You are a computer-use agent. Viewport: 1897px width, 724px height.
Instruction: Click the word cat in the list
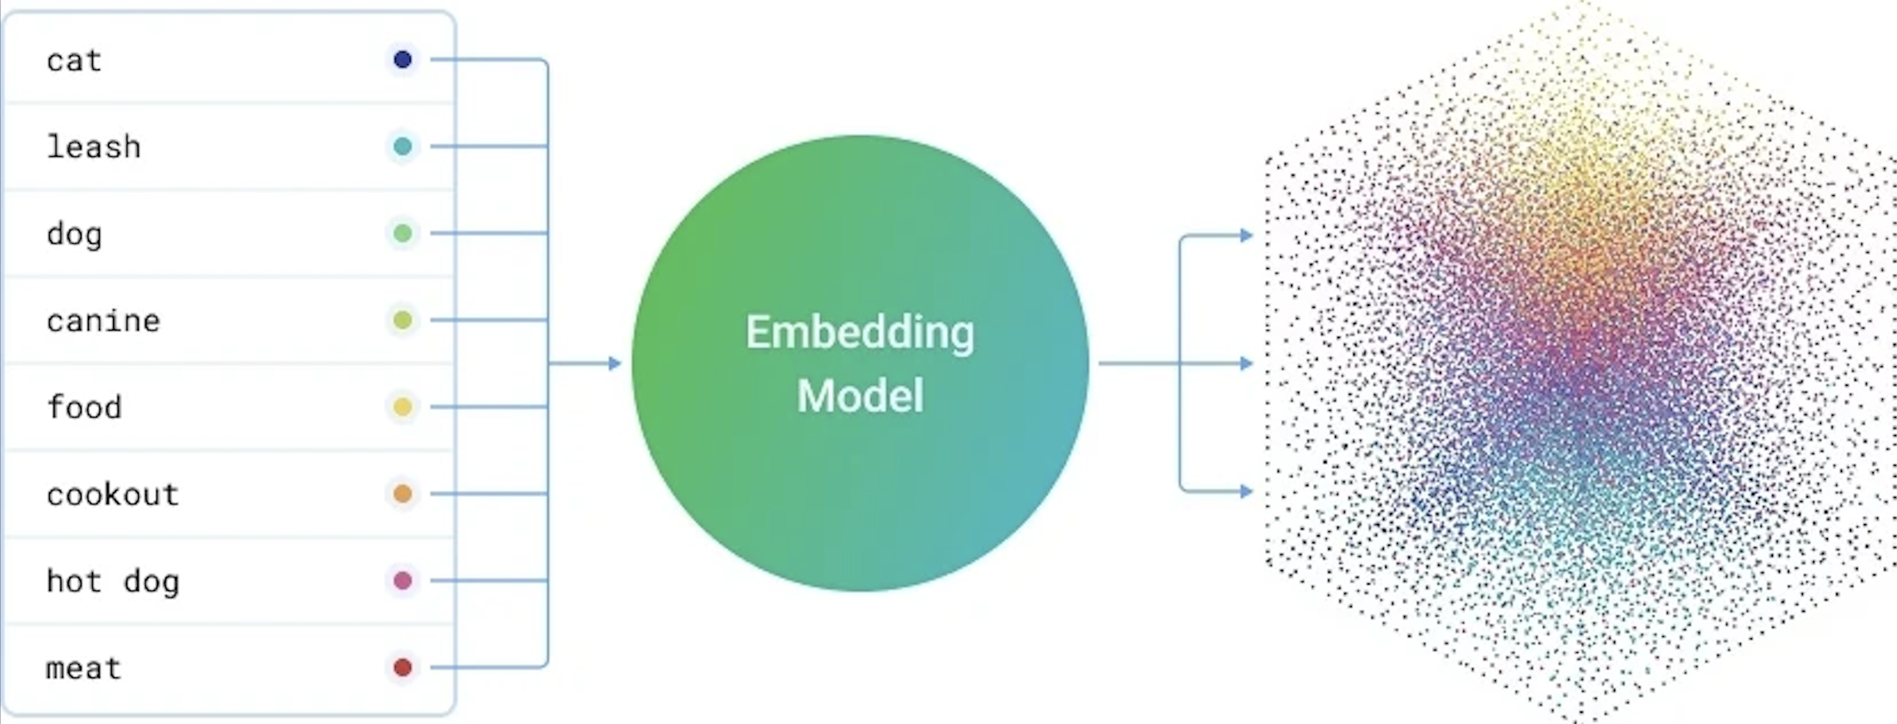[x=74, y=61]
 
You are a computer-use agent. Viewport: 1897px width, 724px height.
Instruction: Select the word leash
[x=94, y=147]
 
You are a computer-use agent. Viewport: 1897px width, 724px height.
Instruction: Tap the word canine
[x=103, y=321]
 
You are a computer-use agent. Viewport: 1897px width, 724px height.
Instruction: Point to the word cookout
[x=112, y=494]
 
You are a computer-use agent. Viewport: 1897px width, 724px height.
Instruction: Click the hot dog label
[x=112, y=581]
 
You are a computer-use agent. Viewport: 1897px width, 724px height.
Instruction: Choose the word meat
[x=83, y=668]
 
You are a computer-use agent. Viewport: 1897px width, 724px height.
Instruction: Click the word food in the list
[x=84, y=408]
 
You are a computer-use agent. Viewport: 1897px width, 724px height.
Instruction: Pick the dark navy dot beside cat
[x=403, y=59]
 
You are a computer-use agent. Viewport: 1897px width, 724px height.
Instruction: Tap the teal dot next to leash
[x=403, y=146]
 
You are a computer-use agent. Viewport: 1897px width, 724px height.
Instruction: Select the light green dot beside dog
[x=403, y=233]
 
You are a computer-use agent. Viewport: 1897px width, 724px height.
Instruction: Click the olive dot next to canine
[x=403, y=320]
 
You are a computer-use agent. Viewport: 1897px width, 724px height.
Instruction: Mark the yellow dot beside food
[x=403, y=407]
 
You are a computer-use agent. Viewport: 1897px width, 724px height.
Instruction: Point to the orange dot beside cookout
[x=403, y=494]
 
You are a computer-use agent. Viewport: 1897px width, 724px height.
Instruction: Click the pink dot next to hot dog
[x=403, y=581]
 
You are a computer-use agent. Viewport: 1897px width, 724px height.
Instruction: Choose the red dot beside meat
[x=403, y=667]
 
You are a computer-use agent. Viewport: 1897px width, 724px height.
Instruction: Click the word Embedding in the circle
[x=860, y=332]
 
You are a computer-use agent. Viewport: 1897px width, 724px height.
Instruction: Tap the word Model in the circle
[x=860, y=396]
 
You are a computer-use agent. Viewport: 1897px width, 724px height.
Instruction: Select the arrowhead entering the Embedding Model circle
[x=615, y=363]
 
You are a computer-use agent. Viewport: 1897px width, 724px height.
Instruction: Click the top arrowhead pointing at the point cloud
[x=1246, y=236]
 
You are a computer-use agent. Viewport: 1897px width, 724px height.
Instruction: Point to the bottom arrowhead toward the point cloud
[x=1246, y=491]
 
